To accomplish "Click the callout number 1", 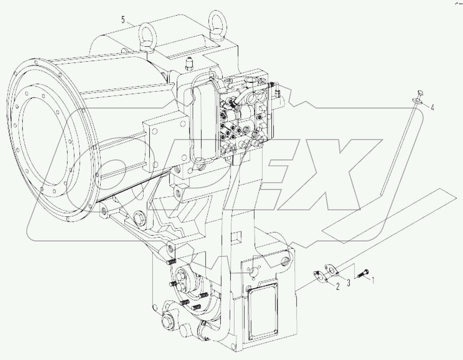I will pos(374,280).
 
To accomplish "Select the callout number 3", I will pos(348,283).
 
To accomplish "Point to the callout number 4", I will pos(432,107).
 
